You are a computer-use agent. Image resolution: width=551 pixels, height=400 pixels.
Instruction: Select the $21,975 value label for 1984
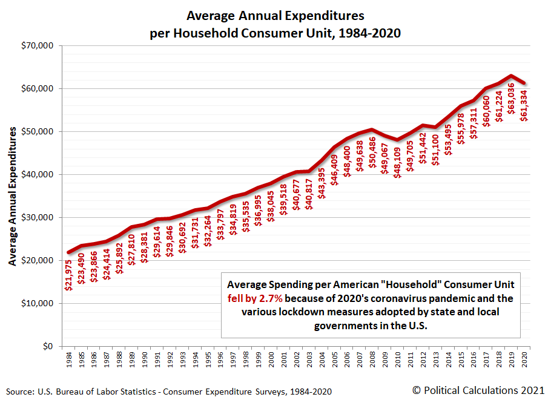pyautogui.click(x=68, y=282)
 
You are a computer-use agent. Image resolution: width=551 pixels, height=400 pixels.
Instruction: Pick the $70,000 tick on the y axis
pyautogui.click(x=38, y=45)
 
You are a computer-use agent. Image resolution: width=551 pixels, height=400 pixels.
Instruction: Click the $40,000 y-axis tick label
pyautogui.click(x=38, y=174)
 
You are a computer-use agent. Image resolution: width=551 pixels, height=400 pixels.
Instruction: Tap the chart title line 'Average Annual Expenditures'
pyautogui.click(x=275, y=15)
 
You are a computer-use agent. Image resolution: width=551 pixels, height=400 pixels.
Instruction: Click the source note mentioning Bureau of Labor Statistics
pyautogui.click(x=170, y=391)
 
